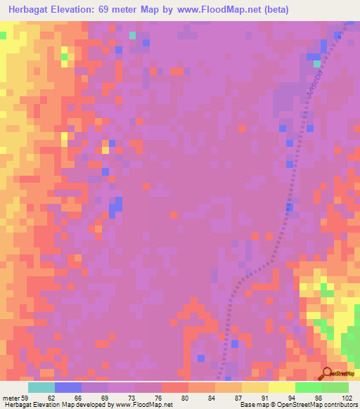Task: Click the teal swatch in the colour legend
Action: point(41,387)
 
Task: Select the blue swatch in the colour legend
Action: point(68,387)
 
